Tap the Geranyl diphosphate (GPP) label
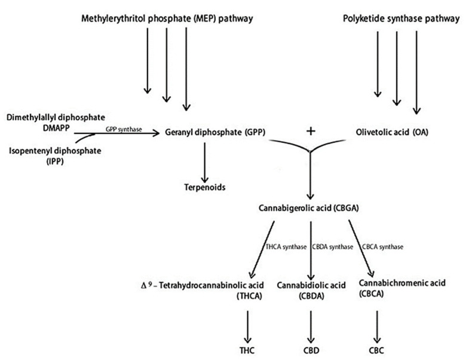[x=214, y=132]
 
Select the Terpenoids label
[x=204, y=187]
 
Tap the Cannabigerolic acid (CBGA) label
[x=311, y=209]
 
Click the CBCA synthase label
[x=382, y=246]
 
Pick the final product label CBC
[x=376, y=348]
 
